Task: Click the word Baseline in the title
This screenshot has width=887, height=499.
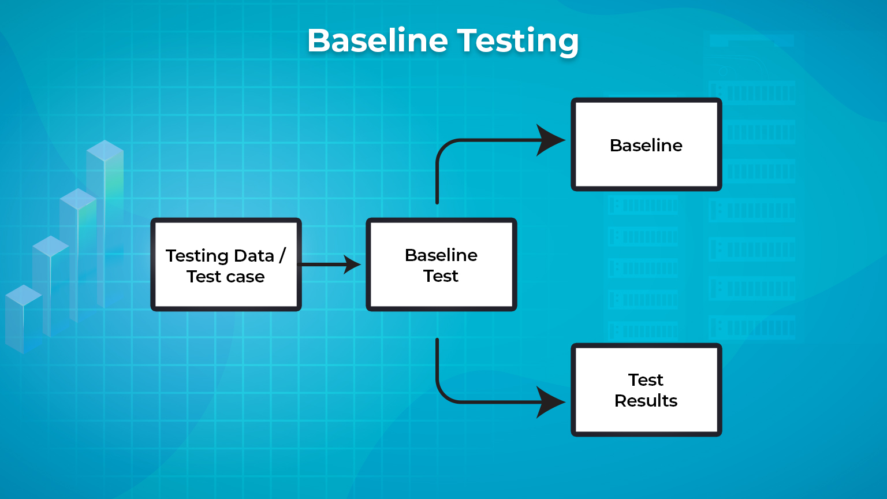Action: click(377, 40)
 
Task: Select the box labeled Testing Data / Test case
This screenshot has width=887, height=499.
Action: click(226, 265)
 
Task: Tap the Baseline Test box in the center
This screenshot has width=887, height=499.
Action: click(441, 265)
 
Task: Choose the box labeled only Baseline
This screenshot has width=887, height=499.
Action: click(646, 144)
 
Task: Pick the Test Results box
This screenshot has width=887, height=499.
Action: click(646, 390)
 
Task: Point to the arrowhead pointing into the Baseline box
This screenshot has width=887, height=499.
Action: click(550, 140)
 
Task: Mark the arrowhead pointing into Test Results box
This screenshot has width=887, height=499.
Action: click(550, 402)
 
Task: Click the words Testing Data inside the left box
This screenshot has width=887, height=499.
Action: click(219, 255)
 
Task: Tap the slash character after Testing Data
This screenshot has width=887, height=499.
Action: click(282, 255)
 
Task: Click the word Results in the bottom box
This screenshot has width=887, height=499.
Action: click(646, 400)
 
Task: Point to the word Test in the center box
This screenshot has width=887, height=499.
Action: click(441, 276)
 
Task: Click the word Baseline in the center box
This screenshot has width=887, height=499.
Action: click(441, 255)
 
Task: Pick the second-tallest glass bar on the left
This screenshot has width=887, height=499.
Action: click(78, 254)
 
